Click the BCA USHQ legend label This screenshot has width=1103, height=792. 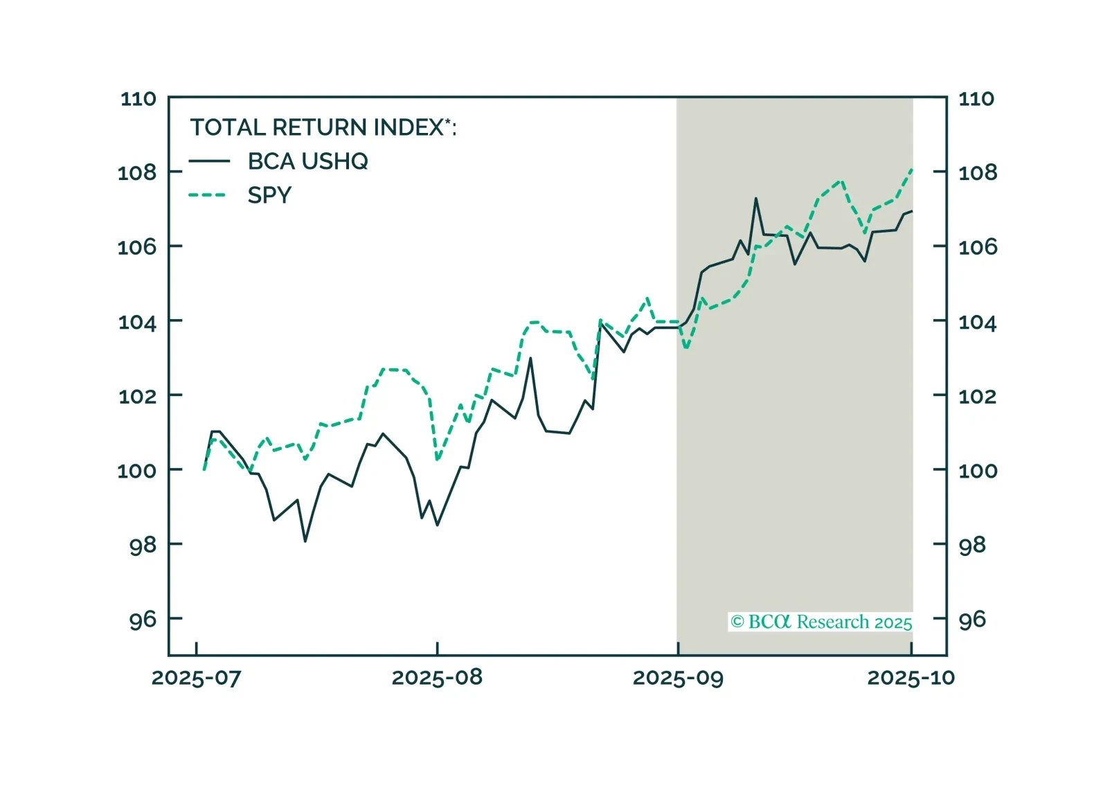coord(307,161)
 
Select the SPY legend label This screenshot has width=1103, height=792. coord(269,195)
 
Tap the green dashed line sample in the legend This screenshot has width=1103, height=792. coord(208,195)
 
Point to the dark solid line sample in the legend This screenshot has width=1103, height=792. coord(208,161)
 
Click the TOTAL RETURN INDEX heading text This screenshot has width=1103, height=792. coord(323,127)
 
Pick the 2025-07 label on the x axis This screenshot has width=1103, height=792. coord(196,678)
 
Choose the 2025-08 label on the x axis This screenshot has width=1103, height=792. coord(437,678)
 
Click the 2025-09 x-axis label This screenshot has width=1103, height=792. coord(678,678)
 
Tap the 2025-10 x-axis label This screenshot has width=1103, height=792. coord(911,678)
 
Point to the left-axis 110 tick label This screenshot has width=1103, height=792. coord(138,99)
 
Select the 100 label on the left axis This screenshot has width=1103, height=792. coord(137,471)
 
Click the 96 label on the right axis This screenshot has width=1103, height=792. coord(972,620)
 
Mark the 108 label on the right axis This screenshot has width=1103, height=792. coord(978,172)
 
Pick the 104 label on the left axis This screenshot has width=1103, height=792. coord(137,322)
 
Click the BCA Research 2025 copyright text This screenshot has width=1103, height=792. coord(821,622)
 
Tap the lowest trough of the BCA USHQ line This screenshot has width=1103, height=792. coord(305,541)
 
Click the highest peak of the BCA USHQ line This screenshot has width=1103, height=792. coord(755,199)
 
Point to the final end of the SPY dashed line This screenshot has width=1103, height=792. coord(912,169)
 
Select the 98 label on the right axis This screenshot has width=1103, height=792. coord(972,545)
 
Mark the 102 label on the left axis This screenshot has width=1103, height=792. coord(137,396)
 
